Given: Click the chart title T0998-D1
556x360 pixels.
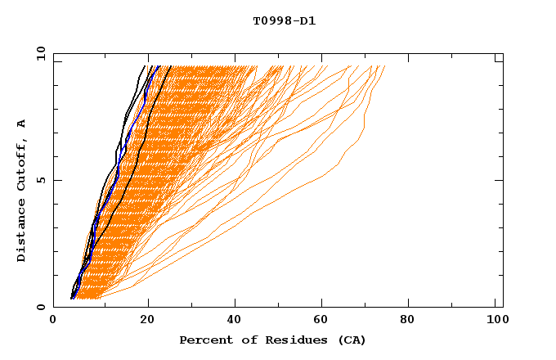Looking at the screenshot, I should pyautogui.click(x=285, y=21).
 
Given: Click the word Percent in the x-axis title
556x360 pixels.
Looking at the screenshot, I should pyautogui.click(x=203, y=340).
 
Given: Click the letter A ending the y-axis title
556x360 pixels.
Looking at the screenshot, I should pyautogui.click(x=22, y=123).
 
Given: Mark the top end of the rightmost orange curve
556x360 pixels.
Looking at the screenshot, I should pyautogui.click(x=384, y=66).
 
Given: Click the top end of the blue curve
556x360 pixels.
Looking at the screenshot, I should pyautogui.click(x=157, y=66).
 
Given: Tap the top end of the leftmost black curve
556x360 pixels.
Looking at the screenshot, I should pyautogui.click(x=145, y=66).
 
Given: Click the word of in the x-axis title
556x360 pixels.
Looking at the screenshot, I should pyautogui.click(x=243, y=340).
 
